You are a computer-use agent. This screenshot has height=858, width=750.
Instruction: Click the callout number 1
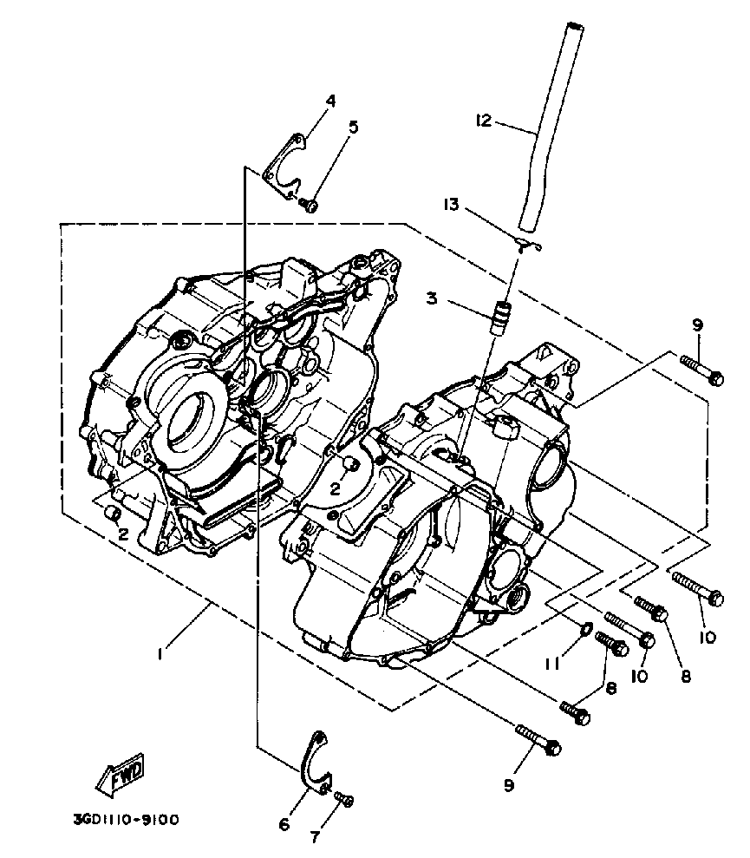[160, 654]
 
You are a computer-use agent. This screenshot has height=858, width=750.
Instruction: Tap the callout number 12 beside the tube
[483, 121]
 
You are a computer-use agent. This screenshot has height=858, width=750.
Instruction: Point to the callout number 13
[450, 206]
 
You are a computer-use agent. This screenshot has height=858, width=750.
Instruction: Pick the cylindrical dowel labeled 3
[500, 318]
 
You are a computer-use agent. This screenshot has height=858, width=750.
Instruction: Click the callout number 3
[431, 298]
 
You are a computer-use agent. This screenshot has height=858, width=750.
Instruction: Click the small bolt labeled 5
[308, 205]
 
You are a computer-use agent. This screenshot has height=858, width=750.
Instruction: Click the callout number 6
[284, 824]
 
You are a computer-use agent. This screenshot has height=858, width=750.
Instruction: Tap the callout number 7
[314, 837]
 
